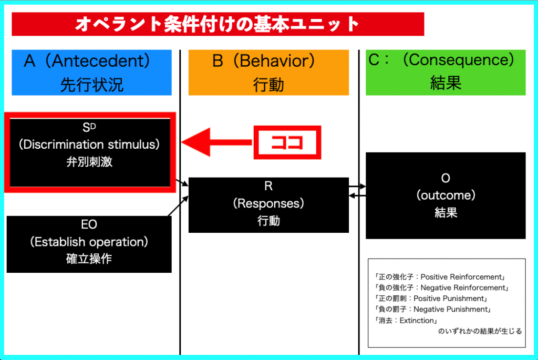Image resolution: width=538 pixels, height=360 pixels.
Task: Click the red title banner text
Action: click(217, 24)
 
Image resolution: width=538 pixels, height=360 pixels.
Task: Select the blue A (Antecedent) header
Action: click(91, 73)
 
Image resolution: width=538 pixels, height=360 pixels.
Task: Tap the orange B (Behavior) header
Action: click(268, 73)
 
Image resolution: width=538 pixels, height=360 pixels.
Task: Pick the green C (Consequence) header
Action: click(446, 73)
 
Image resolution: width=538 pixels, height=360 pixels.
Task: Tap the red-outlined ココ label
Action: click(287, 142)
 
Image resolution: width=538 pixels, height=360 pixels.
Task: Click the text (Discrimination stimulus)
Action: click(89, 145)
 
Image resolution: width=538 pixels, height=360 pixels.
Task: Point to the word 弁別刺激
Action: click(89, 162)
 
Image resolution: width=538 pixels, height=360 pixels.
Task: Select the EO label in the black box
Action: click(89, 224)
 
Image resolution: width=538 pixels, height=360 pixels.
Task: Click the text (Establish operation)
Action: click(89, 242)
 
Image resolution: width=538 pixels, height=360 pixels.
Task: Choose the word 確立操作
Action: click(89, 259)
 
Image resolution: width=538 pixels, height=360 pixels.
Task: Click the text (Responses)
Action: click(268, 203)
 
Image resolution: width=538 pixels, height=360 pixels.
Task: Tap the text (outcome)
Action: click(446, 196)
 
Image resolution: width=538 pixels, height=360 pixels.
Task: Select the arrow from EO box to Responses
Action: click(178, 206)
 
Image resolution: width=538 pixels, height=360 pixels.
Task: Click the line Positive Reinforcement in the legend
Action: click(440, 277)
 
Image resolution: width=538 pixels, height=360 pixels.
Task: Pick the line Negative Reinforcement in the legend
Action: click(441, 287)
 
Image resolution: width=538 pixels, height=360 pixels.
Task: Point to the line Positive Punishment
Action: click(431, 299)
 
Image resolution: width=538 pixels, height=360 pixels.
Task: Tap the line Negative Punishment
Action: click(433, 309)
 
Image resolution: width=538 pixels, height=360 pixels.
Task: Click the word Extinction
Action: click(417, 321)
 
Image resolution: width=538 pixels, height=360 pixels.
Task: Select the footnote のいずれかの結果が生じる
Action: click(480, 331)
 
